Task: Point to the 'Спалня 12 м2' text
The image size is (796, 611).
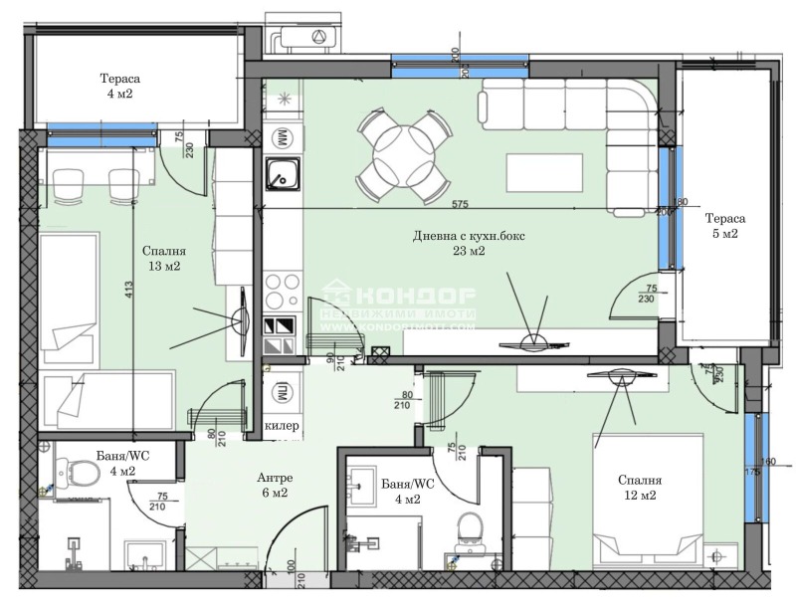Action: [x=637, y=489]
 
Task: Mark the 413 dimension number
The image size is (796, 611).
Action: [x=129, y=291]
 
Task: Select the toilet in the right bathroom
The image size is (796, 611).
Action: [x=467, y=529]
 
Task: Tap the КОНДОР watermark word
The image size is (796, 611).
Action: [x=415, y=297]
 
